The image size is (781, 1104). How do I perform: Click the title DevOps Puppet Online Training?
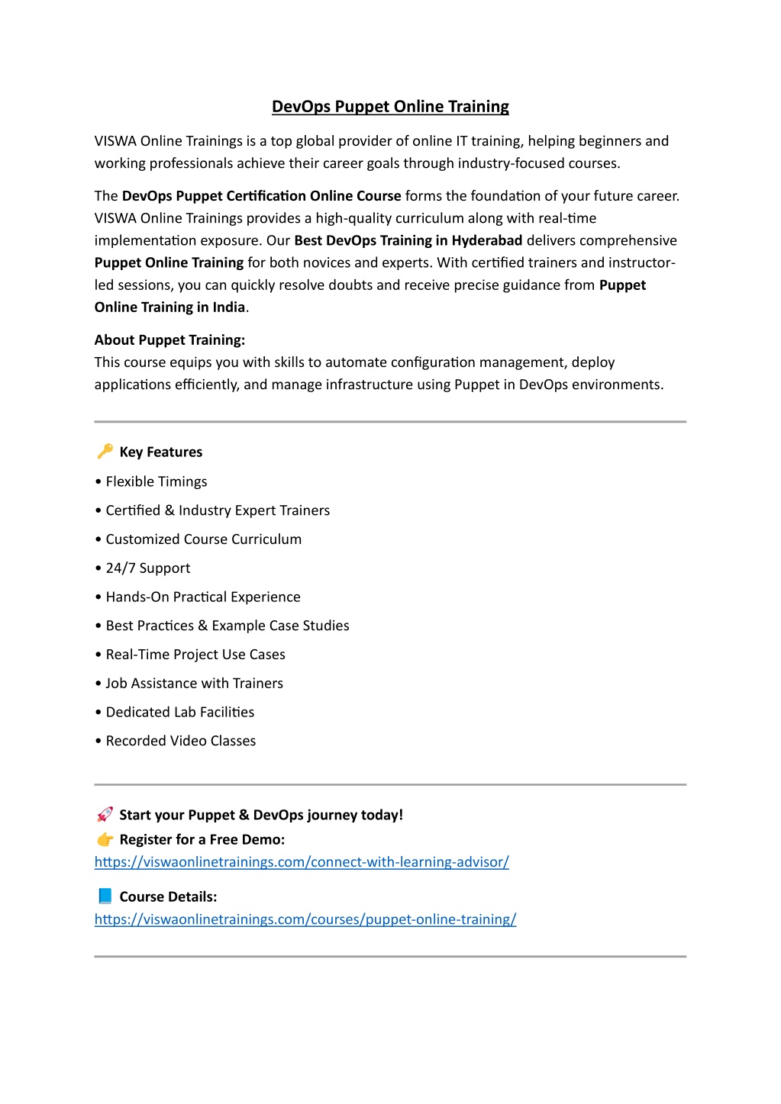[390, 107]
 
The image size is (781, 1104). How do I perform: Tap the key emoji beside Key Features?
[105, 452]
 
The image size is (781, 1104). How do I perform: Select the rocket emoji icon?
[105, 815]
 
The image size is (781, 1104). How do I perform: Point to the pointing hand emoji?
[105, 840]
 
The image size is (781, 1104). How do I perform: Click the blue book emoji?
[105, 896]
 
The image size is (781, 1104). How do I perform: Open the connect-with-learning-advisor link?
[302, 862]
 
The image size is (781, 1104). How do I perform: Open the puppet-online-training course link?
[305, 919]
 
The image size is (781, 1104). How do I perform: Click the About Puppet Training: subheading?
[169, 340]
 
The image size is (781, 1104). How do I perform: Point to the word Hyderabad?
[487, 241]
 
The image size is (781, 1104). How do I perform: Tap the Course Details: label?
[168, 897]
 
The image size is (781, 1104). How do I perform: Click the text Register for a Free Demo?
[202, 840]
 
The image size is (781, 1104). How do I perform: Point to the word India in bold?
[229, 307]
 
